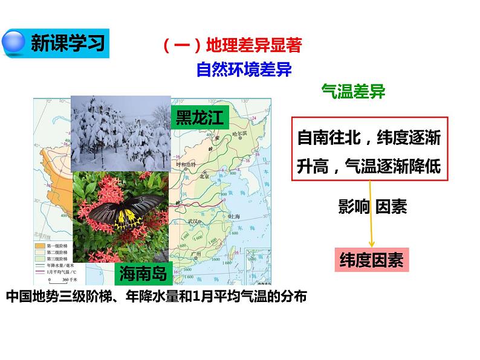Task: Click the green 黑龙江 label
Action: tap(199, 117)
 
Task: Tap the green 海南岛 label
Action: tap(143, 272)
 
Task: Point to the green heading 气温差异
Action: tap(353, 92)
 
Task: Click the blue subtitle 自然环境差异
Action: tap(244, 69)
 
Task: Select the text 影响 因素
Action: tap(372, 207)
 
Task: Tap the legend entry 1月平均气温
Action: tap(57, 272)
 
